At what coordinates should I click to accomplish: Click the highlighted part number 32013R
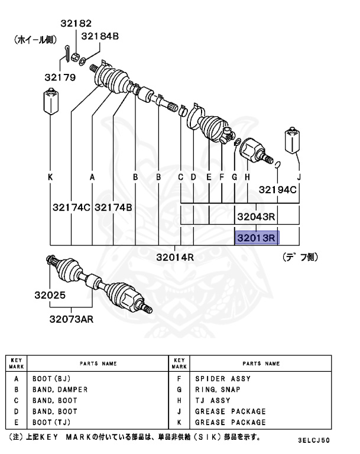coord(257,238)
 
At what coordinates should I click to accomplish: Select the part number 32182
coord(76,24)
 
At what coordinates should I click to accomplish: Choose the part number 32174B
coord(113,207)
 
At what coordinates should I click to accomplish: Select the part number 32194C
coord(278,190)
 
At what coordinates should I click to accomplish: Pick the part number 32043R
coord(257,217)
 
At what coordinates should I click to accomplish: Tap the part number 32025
coord(66,295)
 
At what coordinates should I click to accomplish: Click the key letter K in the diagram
coord(50,177)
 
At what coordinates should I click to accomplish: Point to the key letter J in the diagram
coord(299,177)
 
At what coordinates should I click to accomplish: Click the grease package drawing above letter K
coord(50,103)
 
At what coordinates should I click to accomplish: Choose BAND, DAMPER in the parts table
coord(60,390)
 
